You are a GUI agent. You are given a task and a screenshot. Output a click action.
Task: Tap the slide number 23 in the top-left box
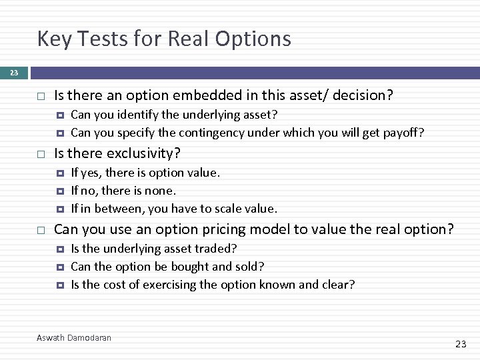coord(14,73)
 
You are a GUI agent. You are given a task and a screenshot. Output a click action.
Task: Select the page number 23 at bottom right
coord(461,344)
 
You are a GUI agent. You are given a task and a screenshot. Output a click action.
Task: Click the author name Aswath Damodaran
coord(74,338)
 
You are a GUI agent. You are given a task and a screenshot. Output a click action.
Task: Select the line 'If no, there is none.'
coord(123,191)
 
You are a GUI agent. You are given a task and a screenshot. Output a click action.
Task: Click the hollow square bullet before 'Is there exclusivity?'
coord(41,154)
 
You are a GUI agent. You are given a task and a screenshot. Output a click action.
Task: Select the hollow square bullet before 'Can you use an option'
coord(41,230)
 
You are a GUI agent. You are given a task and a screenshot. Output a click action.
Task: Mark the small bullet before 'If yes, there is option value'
coord(59,173)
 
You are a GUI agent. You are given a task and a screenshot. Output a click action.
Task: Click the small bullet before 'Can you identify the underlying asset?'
coord(59,115)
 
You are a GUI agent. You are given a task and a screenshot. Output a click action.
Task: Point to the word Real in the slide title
coord(189,39)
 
